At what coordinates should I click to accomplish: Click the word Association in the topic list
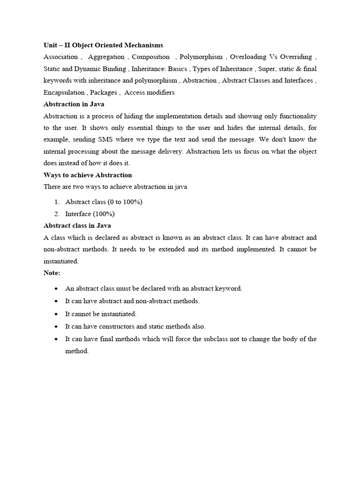(60, 57)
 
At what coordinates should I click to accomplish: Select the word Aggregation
(106, 57)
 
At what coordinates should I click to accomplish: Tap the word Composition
(150, 57)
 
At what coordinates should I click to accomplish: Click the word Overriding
(298, 57)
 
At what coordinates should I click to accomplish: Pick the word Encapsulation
(64, 92)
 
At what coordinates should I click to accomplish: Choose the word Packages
(104, 92)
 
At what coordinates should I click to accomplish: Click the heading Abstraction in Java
(74, 104)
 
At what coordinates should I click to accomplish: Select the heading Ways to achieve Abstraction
(88, 175)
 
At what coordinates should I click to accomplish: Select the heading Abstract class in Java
(77, 225)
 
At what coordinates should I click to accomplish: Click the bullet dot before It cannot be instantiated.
(56, 314)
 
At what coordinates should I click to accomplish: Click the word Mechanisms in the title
(144, 45)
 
